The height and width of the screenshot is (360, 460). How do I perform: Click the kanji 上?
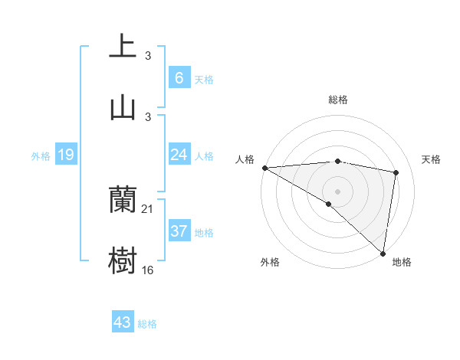tap(123, 46)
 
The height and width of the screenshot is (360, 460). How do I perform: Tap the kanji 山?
tap(123, 107)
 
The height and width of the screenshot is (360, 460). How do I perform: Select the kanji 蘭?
tap(123, 201)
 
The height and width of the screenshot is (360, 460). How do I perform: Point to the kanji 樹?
tap(123, 261)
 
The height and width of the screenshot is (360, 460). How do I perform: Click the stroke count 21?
tap(148, 209)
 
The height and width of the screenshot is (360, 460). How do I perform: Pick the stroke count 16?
tap(148, 270)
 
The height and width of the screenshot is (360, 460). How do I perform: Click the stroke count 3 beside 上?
tap(148, 55)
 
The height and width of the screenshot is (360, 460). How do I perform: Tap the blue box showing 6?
tap(179, 78)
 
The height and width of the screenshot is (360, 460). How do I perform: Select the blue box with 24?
tap(179, 155)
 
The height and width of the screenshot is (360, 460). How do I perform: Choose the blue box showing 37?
tap(179, 231)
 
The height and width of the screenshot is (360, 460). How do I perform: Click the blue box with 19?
tap(65, 155)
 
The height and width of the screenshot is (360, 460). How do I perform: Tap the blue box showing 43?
tap(123, 322)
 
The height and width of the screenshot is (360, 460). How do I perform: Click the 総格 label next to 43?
tap(147, 324)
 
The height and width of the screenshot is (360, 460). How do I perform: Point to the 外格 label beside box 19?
tap(41, 156)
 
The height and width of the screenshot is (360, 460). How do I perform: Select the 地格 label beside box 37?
tap(204, 233)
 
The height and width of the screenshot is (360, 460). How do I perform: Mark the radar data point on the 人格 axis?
tap(264, 168)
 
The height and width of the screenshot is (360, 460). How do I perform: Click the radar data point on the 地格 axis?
tap(383, 254)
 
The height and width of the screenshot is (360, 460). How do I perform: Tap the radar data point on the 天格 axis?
tap(396, 172)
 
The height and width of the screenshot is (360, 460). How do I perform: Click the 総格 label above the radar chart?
tap(337, 100)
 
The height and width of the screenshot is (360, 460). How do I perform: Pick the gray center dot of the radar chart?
tap(337, 191)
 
